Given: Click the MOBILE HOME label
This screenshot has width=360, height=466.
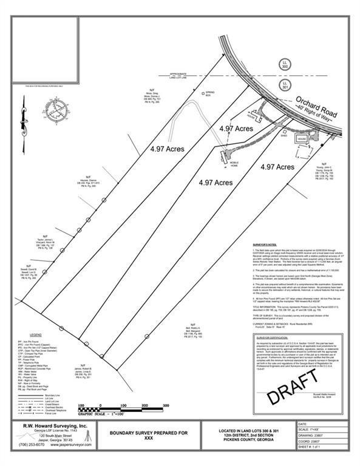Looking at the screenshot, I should click(233, 163).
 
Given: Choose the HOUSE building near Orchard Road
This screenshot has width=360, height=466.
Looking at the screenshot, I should click(301, 138).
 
